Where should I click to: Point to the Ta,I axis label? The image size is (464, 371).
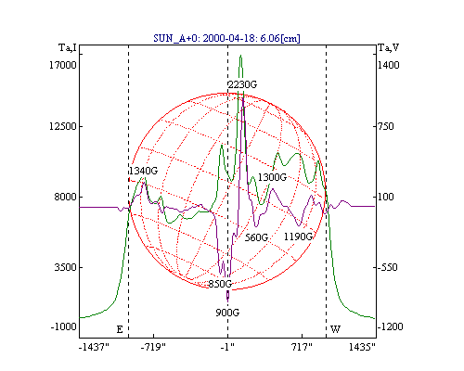click(68, 47)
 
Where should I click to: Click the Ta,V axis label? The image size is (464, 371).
click(389, 47)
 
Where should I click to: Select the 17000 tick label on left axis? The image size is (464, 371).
click(63, 65)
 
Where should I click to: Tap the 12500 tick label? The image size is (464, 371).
click(63, 126)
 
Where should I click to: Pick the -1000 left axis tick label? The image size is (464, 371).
click(64, 326)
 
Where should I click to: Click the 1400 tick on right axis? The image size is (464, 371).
click(389, 65)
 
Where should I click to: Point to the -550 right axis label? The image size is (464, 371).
click(387, 267)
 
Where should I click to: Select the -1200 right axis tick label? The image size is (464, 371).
click(391, 326)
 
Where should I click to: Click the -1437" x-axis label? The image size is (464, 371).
click(94, 347)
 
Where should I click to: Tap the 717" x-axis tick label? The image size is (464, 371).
click(302, 347)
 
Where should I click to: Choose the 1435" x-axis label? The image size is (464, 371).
click(362, 347)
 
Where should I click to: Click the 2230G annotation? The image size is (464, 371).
click(242, 84)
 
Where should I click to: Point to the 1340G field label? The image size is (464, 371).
click(143, 171)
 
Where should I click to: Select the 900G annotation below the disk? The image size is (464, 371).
click(227, 313)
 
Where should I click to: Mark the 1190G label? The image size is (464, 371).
click(298, 237)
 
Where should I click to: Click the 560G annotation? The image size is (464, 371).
click(256, 237)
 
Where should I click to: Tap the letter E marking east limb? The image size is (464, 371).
click(120, 329)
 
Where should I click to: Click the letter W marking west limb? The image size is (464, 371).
click(336, 329)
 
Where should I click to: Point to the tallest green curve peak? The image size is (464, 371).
click(240, 56)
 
